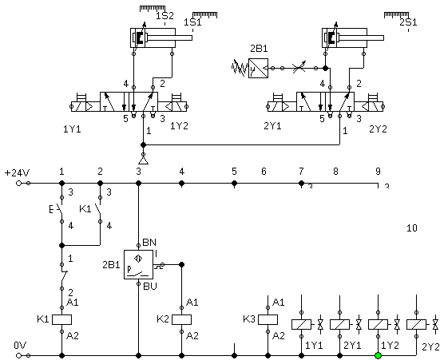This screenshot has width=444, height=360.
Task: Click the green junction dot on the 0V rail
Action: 378,355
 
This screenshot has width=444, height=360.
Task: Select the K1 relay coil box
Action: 61,319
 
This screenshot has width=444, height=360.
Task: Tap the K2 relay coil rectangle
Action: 182,319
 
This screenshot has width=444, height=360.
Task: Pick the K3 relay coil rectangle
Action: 268,319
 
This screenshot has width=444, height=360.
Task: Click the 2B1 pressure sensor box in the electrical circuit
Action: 138,265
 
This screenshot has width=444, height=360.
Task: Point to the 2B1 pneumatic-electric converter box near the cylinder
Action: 258,68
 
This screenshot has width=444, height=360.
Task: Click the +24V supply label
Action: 18,172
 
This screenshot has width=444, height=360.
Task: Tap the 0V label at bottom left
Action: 20,346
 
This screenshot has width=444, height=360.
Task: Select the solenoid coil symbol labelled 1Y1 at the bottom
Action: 301,324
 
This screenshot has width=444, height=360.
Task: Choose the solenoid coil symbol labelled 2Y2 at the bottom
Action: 416,324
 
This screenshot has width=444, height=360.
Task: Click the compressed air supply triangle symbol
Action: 143,160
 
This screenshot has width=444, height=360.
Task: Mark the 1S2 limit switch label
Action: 165,16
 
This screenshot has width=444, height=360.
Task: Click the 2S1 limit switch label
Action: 408,22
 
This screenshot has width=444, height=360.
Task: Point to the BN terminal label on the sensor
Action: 149,243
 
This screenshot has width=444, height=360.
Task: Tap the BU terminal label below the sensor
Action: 150,287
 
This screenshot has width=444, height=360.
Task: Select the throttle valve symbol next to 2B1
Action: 299,68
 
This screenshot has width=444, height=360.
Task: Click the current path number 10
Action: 412,227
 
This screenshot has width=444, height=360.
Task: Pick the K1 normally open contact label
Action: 85,209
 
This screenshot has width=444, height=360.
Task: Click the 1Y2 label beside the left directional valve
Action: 179,126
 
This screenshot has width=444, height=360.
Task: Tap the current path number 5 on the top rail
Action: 234,172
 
